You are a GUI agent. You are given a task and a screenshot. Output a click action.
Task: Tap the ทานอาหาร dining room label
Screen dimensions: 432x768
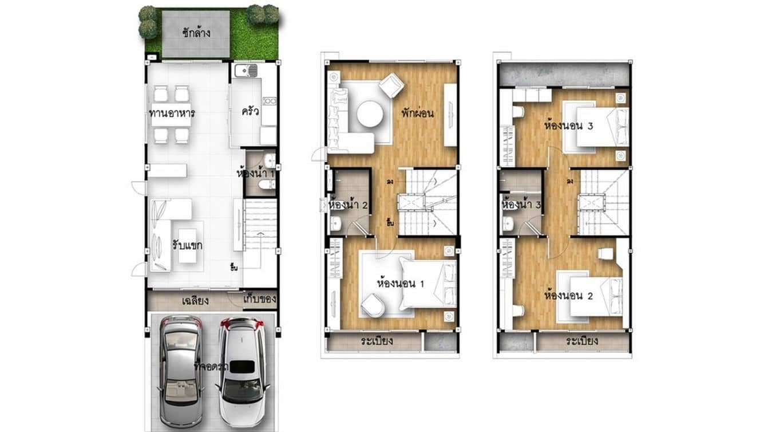(172, 113)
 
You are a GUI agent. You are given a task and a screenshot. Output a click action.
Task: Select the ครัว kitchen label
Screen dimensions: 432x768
(251, 111)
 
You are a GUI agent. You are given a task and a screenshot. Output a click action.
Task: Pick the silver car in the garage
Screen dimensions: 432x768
(180, 360)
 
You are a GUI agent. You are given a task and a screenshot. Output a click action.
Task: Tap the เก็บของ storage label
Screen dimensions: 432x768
(260, 299)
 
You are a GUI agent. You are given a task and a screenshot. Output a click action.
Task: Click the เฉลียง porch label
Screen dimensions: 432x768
(195, 300)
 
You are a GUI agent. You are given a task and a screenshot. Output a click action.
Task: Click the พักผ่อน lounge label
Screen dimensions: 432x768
(417, 113)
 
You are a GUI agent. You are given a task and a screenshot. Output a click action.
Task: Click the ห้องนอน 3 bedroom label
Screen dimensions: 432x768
(569, 125)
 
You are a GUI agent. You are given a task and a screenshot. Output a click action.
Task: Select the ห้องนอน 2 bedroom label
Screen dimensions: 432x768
(568, 296)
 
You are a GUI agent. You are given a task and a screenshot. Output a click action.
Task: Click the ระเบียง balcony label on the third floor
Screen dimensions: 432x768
(582, 341)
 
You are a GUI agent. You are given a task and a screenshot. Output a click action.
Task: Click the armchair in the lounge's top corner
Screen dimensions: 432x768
(391, 85)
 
